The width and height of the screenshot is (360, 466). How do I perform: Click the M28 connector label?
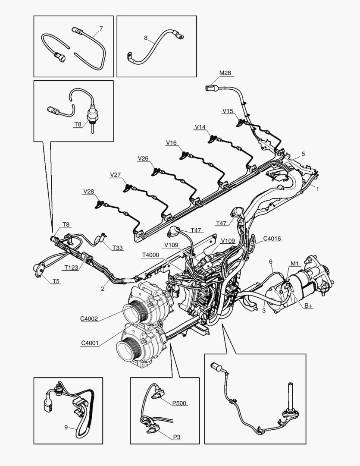[225, 73]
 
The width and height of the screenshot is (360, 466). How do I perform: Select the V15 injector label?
[228, 111]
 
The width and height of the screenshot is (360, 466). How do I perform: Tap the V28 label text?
[89, 191]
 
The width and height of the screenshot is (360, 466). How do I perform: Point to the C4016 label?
[272, 238]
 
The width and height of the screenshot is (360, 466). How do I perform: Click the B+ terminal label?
[308, 305]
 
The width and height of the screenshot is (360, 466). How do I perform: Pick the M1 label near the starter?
[294, 263]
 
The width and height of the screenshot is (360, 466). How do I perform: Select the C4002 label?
[89, 319]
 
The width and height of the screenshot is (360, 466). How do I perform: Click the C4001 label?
[89, 343]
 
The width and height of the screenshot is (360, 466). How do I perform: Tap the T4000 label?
[150, 255]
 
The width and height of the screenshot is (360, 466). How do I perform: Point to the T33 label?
[117, 248]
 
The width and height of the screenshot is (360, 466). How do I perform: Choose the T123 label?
[72, 268]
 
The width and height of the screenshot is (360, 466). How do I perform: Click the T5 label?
[56, 281]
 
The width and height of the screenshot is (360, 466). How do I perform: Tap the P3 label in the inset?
[177, 437]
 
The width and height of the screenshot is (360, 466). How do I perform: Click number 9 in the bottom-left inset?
[66, 428]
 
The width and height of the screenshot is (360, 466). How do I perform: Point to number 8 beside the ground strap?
[146, 38]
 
